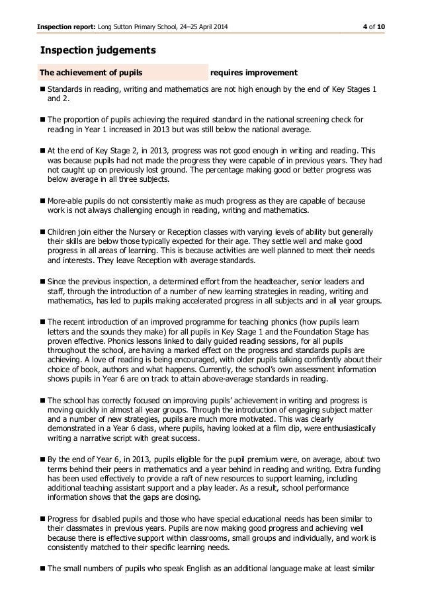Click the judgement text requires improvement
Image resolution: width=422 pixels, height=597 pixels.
point(253,72)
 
